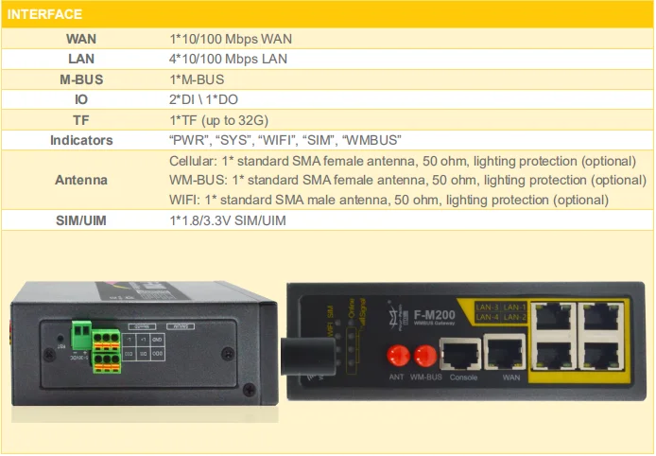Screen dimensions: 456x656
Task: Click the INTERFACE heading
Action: click(x=44, y=14)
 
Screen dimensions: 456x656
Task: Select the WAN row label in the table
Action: click(x=80, y=39)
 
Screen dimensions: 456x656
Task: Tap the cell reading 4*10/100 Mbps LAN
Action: click(x=229, y=59)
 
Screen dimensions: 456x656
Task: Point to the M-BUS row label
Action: click(x=80, y=79)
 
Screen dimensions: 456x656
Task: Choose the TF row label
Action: click(x=80, y=120)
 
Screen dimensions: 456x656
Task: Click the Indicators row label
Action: click(x=80, y=140)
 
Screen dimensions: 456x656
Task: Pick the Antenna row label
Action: click(x=80, y=180)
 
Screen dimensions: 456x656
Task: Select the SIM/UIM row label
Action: click(x=80, y=220)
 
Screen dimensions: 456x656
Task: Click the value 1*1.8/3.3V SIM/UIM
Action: click(x=227, y=220)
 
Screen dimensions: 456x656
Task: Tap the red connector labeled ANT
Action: click(x=397, y=356)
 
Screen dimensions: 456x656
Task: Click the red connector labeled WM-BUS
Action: click(x=426, y=356)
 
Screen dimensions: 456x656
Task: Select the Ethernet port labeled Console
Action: click(x=462, y=355)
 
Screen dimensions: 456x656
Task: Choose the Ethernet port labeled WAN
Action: click(x=504, y=355)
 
